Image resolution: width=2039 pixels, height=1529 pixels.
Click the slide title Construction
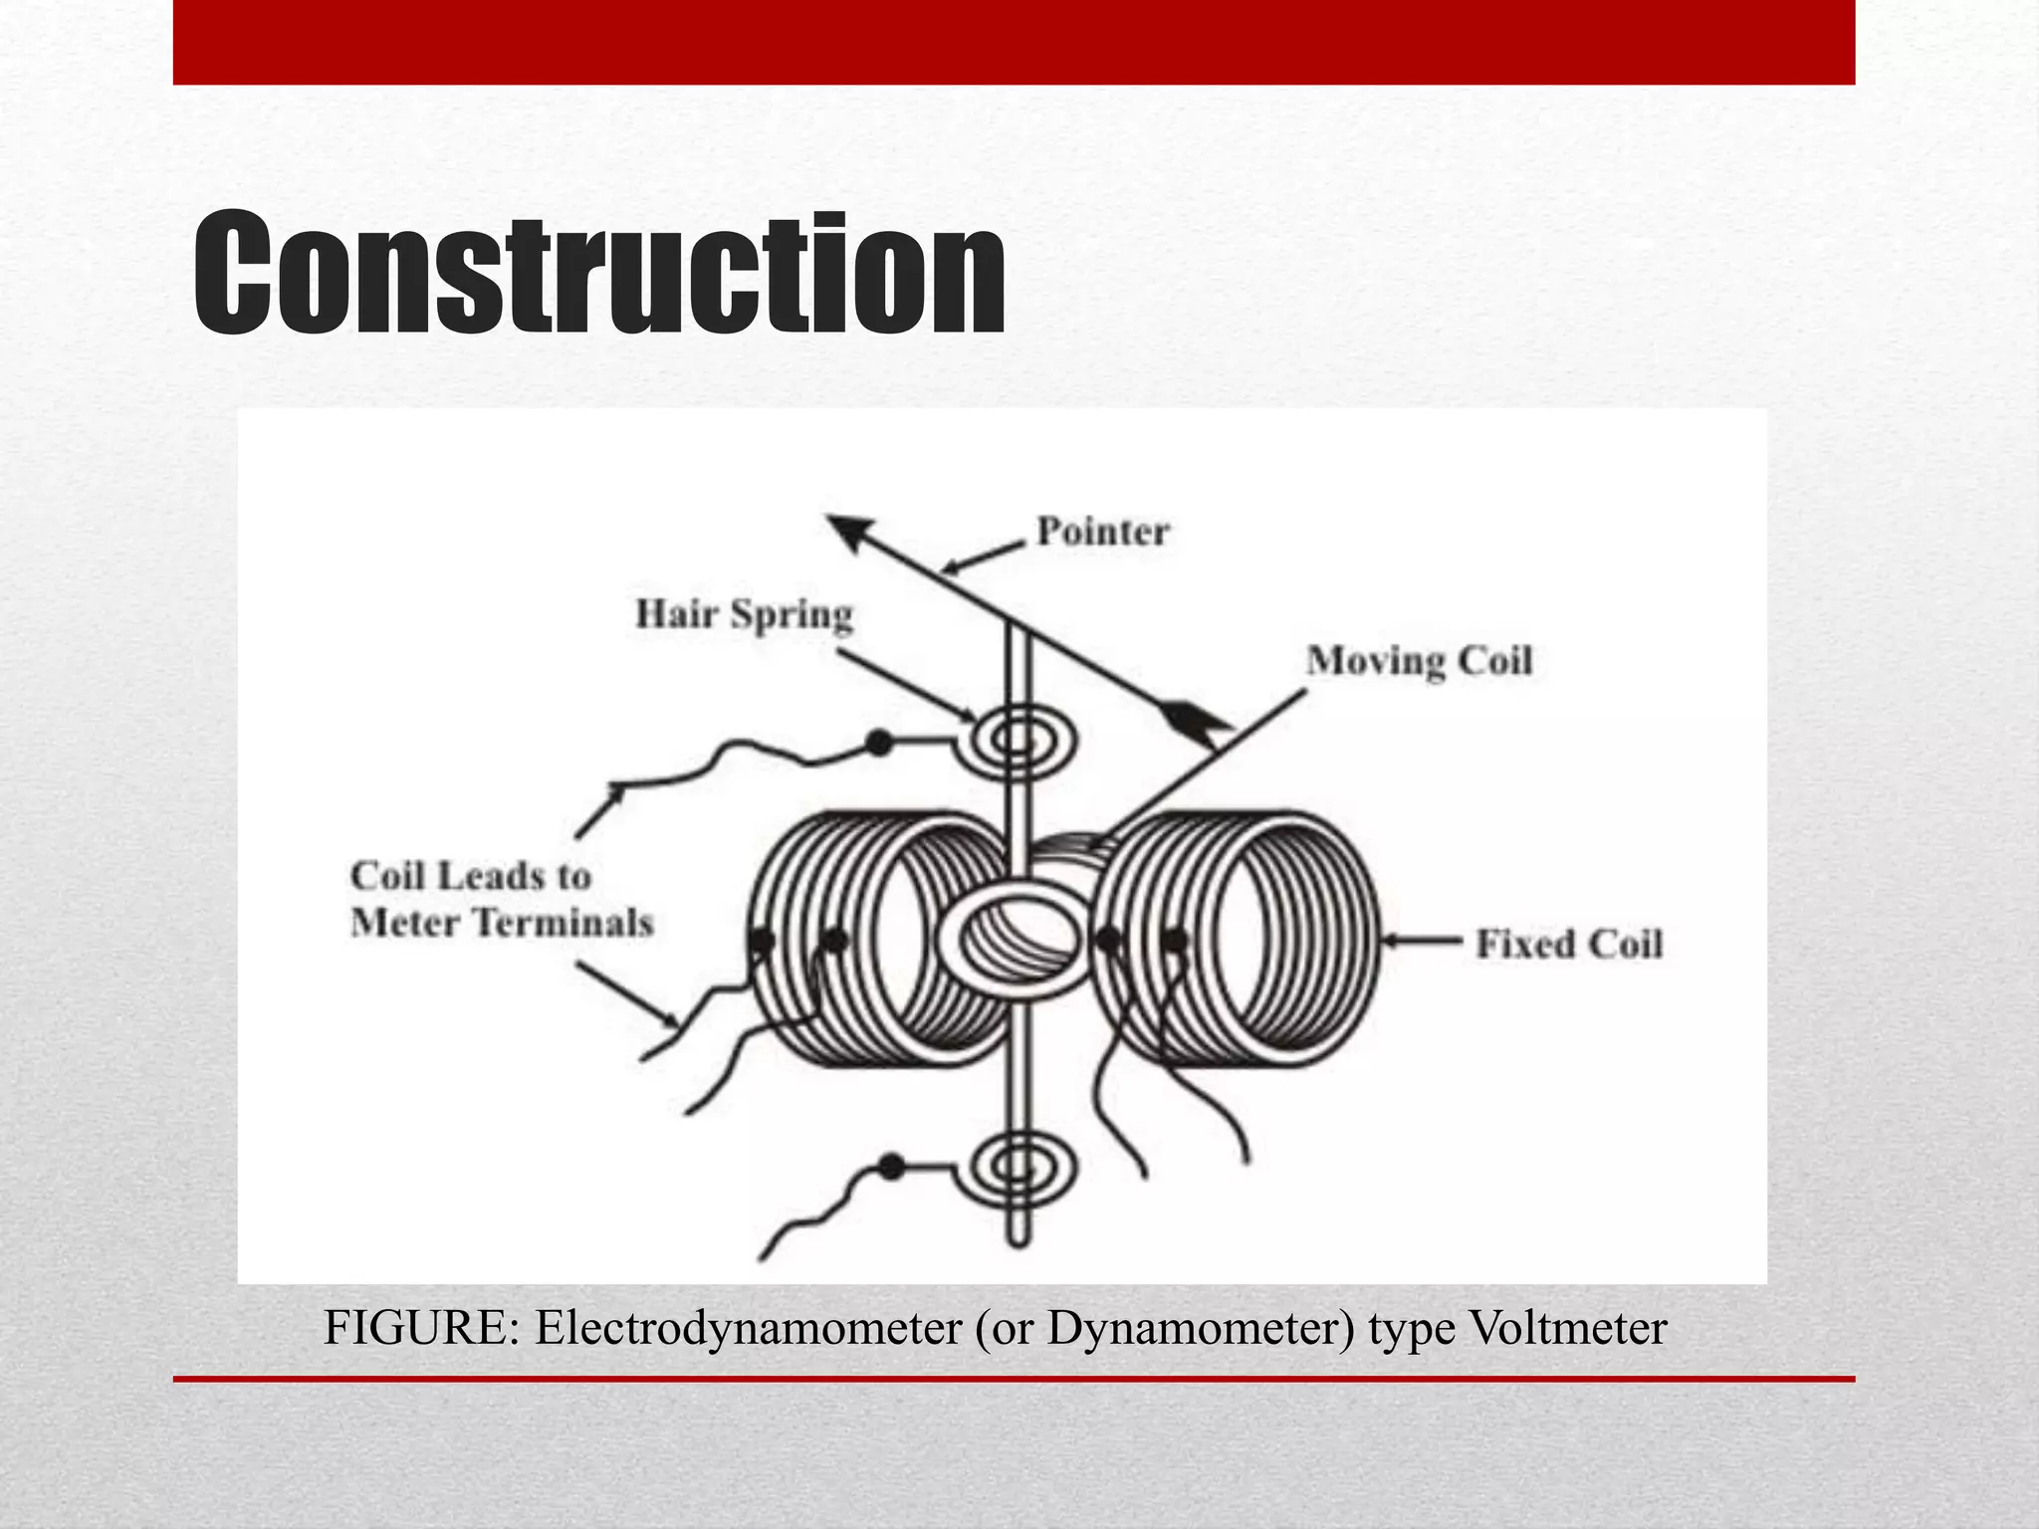click(x=598, y=274)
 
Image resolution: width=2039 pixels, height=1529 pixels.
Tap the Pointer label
click(x=1102, y=531)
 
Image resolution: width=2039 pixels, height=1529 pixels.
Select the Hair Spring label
click(x=744, y=614)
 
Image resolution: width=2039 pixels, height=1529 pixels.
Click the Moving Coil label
click(x=1419, y=661)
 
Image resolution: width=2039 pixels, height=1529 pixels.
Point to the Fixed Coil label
click(x=1568, y=944)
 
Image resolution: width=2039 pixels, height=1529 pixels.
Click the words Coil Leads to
click(x=471, y=876)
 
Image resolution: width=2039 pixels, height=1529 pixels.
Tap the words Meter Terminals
click(x=502, y=923)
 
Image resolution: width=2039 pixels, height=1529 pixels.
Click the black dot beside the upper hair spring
click(x=878, y=742)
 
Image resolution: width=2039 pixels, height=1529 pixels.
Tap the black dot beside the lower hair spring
click(x=892, y=1167)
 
